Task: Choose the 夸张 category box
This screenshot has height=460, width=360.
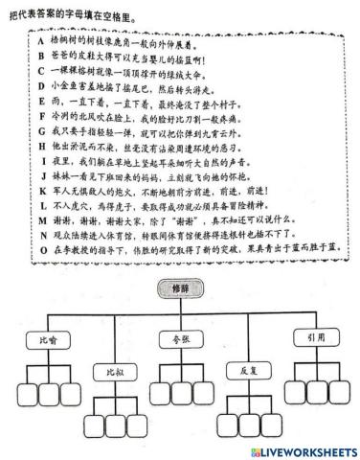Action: (x=179, y=338)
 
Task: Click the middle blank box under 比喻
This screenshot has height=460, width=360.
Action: (x=49, y=393)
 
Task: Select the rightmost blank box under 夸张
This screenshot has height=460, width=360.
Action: (x=203, y=393)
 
